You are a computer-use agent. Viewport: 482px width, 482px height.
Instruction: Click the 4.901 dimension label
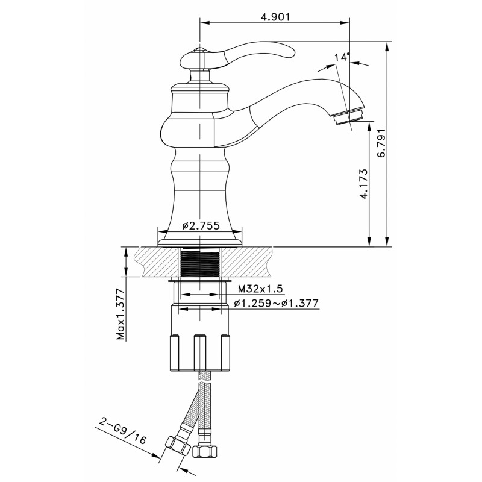pos(275,17)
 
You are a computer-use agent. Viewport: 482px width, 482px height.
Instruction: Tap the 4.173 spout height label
pos(364,184)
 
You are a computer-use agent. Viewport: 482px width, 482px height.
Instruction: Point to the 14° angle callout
pos(342,57)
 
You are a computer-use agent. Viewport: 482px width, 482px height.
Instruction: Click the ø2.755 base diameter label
pos(201,225)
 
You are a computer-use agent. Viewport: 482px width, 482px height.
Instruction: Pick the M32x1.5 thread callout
pos(260,289)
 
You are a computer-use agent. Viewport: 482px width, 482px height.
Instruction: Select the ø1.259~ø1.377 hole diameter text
pos(276,304)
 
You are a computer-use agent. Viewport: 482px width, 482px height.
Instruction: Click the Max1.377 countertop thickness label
pos(121,314)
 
